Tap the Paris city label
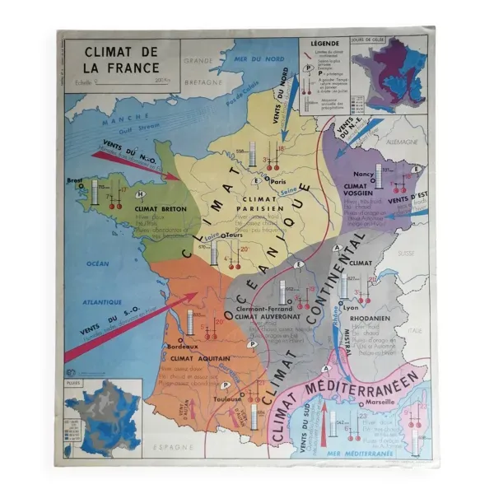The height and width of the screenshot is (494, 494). click(277, 182)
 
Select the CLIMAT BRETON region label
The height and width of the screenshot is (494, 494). click(160, 209)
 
